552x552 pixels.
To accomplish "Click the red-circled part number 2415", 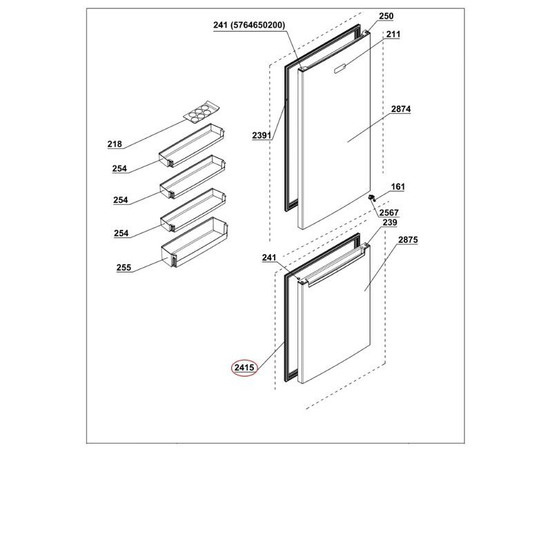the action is [x=244, y=368].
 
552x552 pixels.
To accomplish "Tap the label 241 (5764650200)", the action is [x=249, y=25].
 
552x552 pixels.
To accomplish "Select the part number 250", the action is [x=386, y=16].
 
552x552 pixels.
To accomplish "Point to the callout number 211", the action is [x=393, y=34].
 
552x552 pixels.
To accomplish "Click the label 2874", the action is [x=401, y=109].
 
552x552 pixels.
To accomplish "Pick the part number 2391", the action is [x=262, y=135].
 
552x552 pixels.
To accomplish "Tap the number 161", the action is [x=398, y=186].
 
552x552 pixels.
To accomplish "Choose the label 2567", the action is [x=389, y=213].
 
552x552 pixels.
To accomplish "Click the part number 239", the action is [x=390, y=222].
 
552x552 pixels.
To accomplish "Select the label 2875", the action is [x=408, y=239].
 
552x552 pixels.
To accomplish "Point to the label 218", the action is [x=115, y=144].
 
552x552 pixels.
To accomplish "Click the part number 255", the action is [x=124, y=268].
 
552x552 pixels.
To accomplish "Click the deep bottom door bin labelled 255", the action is [x=195, y=242].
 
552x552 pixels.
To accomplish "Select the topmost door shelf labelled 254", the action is [x=192, y=145].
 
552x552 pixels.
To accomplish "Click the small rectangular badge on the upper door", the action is [x=341, y=68].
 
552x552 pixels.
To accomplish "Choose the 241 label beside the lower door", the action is [x=269, y=257].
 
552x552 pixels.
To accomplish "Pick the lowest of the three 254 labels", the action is [x=121, y=233].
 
